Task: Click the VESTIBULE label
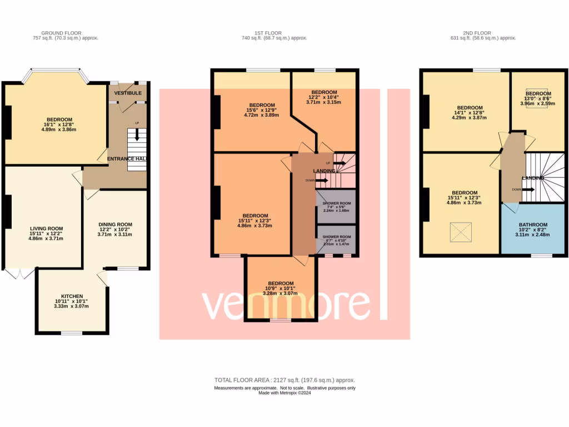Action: [x=128, y=93]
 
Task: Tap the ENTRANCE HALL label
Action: [x=127, y=159]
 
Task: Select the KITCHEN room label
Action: [x=72, y=296]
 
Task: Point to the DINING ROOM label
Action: [x=116, y=224]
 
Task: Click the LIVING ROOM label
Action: [x=47, y=228]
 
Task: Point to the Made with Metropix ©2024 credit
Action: [x=284, y=394]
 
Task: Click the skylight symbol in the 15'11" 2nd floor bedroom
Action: [x=459, y=231]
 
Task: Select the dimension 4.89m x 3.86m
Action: [x=59, y=129]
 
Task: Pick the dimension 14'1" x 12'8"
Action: [x=468, y=112]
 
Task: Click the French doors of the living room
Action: [x=18, y=274]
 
